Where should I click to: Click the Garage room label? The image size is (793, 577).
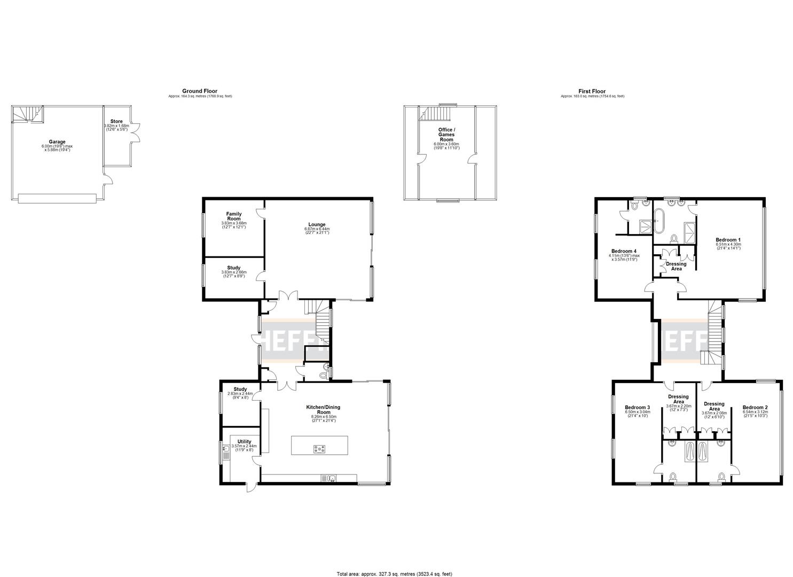(57, 142)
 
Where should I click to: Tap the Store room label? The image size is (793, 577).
(116, 121)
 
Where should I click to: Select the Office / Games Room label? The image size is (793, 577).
(446, 134)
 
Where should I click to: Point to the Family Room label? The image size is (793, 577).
(233, 216)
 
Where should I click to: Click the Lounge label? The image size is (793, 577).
(317, 224)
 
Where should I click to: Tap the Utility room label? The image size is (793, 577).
(244, 442)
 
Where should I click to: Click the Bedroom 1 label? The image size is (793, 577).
(728, 240)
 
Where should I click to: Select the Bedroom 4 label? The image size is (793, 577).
(624, 251)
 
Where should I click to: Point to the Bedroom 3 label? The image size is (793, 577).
(637, 408)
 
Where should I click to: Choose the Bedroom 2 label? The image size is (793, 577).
(755, 408)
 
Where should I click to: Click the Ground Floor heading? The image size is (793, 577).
(200, 91)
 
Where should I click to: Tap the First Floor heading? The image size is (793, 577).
(592, 91)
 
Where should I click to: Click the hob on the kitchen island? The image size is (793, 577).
(319, 449)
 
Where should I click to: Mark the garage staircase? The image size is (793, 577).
(27, 113)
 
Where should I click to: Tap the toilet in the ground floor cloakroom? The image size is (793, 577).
(322, 376)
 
